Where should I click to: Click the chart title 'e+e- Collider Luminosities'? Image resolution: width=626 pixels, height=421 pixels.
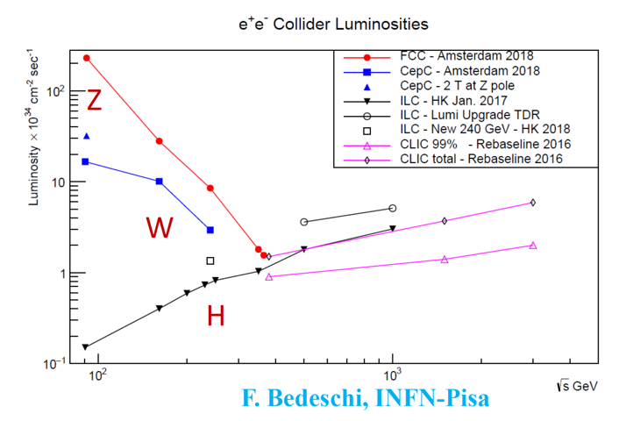tap(313, 24)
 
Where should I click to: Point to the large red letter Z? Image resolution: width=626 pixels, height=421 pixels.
tap(94, 101)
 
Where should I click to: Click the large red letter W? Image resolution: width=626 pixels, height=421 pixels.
tap(160, 228)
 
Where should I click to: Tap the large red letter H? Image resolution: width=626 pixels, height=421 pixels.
tap(216, 316)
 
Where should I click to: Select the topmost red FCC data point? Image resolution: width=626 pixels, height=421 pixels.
tap(86, 58)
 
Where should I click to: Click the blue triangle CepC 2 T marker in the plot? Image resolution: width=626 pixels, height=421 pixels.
tap(86, 136)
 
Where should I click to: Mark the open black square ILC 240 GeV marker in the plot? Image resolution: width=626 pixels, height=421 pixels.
tap(210, 260)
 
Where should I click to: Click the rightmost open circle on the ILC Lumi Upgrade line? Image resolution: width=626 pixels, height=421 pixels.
tap(392, 208)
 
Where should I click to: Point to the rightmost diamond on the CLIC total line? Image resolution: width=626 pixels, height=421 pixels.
tap(532, 202)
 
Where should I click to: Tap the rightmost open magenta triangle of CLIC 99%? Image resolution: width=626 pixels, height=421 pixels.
tap(532, 246)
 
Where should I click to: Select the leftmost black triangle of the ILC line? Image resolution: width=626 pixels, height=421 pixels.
tap(86, 346)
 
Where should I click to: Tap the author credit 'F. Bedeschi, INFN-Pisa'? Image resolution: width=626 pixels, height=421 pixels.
tap(366, 399)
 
